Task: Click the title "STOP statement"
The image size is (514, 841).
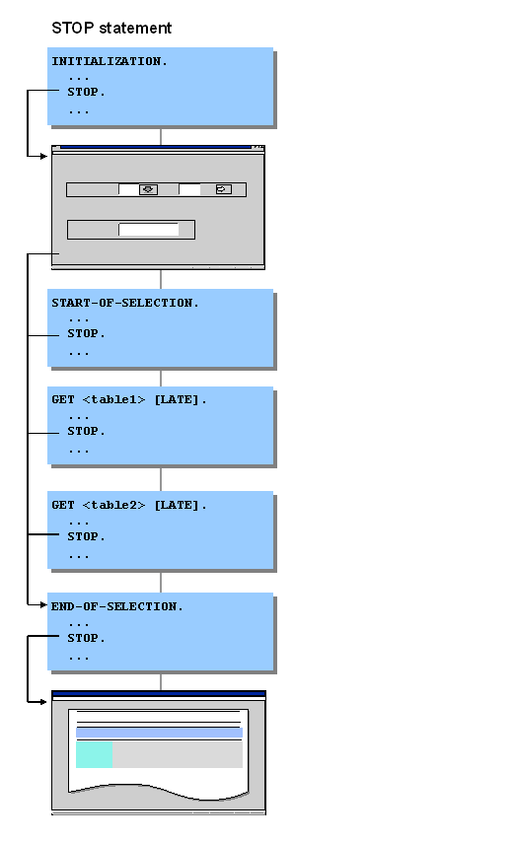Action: (111, 28)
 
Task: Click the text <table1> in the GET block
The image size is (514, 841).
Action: (113, 399)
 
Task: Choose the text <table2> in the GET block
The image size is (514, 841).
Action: (113, 505)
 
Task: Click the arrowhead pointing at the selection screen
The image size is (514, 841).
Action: (44, 156)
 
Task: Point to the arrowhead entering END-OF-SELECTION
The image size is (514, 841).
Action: (44, 605)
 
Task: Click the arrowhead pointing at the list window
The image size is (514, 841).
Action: (44, 702)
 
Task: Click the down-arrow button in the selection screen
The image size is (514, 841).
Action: (149, 189)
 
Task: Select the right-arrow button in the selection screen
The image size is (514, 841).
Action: (223, 189)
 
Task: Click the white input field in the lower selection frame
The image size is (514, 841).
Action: (149, 230)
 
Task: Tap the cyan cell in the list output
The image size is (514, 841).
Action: (95, 754)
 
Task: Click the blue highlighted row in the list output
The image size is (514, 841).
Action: (160, 733)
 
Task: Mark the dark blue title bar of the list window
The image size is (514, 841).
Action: (159, 694)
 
